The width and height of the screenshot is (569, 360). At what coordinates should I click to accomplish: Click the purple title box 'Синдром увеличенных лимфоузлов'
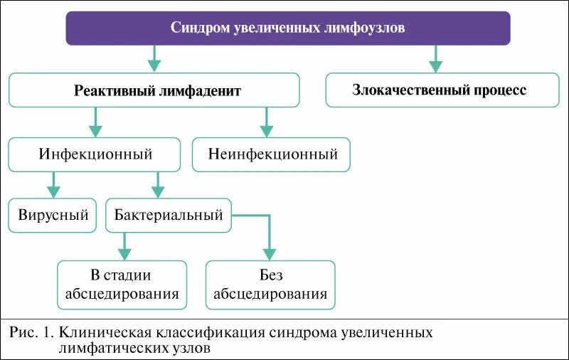[288, 28]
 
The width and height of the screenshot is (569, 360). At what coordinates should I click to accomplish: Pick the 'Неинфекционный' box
[272, 154]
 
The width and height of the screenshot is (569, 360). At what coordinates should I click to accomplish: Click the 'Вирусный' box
[53, 215]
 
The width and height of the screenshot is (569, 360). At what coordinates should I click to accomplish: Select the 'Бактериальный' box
[169, 215]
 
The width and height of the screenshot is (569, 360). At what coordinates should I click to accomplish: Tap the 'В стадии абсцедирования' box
[122, 285]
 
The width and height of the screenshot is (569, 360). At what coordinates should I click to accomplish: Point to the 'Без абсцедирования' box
[270, 285]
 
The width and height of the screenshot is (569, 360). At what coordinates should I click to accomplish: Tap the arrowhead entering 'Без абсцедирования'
[268, 252]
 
